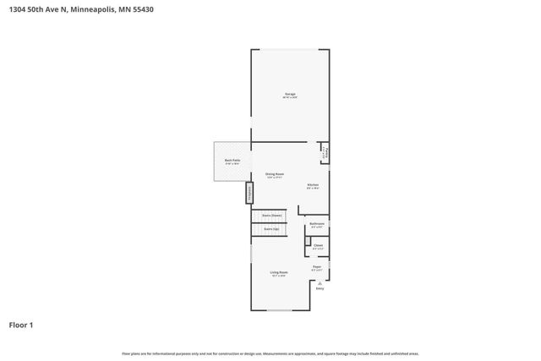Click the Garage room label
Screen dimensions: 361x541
(289, 94)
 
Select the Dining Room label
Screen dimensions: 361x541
(274, 174)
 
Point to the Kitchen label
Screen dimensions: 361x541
(312, 184)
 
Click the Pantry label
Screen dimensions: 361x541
(324, 154)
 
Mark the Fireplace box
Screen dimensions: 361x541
(249, 194)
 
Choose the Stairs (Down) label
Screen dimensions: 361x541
(270, 216)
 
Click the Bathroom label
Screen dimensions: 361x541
(317, 224)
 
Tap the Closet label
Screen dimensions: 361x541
(318, 246)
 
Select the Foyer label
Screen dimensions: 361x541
(317, 266)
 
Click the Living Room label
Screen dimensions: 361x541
(279, 272)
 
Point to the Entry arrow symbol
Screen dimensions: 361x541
(320, 282)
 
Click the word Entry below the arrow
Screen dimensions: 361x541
(320, 289)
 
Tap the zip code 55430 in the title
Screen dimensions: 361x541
(140, 9)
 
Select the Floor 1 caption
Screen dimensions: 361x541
(21, 325)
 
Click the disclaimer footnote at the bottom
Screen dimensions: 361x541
(270, 353)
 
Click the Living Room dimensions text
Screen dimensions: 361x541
(279, 276)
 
